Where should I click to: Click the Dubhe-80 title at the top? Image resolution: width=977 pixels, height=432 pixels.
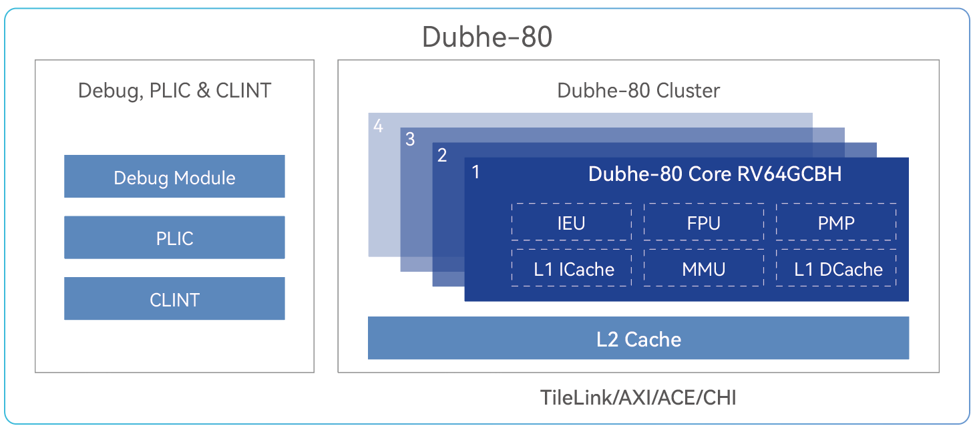pos(487,37)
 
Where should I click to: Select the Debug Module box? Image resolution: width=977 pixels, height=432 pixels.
pos(174,176)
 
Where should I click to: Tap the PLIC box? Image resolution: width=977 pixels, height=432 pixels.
pos(174,238)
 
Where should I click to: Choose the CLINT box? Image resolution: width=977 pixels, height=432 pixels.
pos(174,298)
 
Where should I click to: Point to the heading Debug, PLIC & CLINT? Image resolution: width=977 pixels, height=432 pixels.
pos(174,91)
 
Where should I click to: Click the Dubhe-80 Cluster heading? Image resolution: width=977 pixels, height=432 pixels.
pos(638,91)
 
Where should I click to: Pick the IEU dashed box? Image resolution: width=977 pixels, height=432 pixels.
pos(572,222)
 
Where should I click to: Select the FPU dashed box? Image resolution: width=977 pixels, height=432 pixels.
pos(703,222)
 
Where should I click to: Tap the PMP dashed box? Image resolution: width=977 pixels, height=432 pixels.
pos(836,222)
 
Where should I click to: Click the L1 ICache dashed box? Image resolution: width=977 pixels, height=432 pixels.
pos(572,268)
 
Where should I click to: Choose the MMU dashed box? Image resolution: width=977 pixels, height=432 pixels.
pos(703,268)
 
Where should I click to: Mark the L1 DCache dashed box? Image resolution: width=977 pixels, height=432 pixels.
pos(836,268)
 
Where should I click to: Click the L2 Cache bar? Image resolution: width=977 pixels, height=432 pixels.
pos(638,338)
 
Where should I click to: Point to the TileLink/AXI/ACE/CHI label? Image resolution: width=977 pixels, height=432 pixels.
pos(638,397)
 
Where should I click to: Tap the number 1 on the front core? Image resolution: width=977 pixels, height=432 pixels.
pos(476,172)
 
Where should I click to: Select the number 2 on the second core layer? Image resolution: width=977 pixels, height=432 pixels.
pos(442,155)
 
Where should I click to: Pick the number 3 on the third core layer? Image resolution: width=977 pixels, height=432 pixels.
pos(410,140)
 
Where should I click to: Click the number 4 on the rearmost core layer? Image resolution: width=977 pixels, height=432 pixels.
pos(378,126)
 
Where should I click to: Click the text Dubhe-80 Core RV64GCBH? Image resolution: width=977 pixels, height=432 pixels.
pos(715,174)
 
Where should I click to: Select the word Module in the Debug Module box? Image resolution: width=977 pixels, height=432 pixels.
pos(204,178)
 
